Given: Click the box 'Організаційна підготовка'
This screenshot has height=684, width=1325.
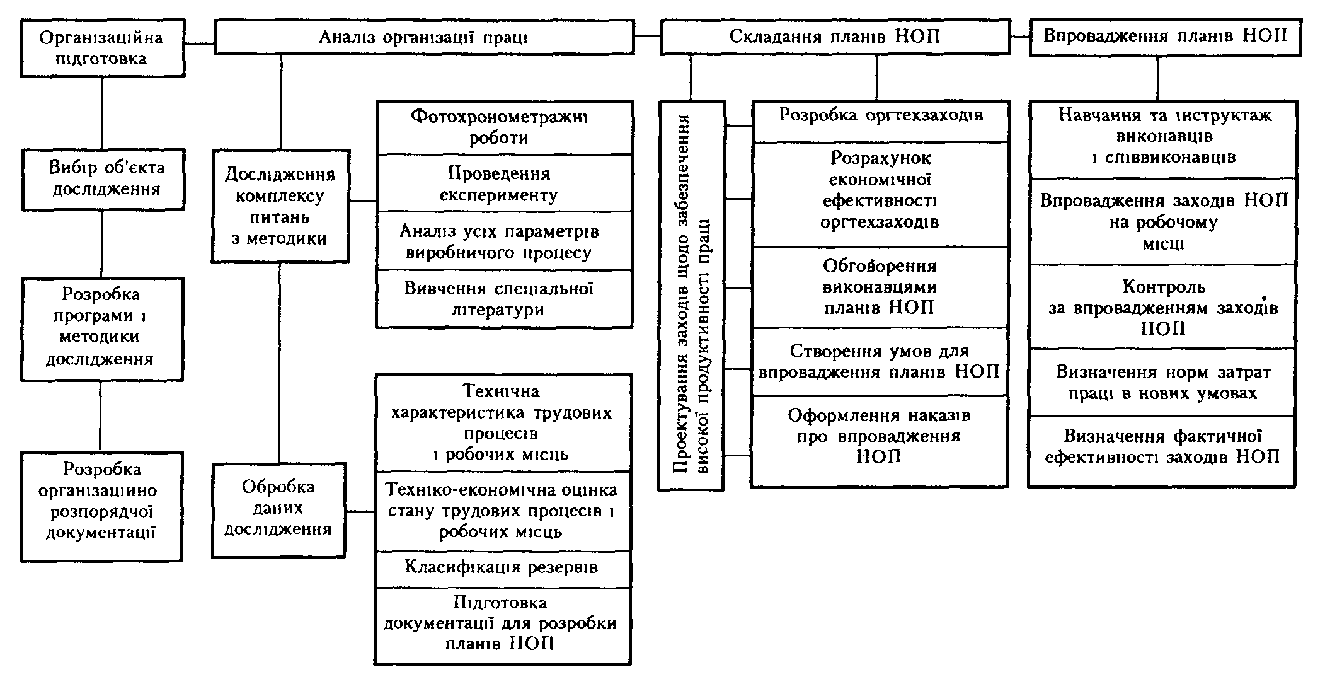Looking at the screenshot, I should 102,48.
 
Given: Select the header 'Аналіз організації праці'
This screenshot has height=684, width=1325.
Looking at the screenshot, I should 424,37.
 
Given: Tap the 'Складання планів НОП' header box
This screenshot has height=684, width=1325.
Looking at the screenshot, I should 835,36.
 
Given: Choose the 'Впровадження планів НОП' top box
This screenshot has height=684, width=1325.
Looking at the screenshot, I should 1165,36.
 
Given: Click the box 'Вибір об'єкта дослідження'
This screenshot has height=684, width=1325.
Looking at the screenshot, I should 104,178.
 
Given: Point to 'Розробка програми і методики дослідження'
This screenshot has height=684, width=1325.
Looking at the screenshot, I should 102,327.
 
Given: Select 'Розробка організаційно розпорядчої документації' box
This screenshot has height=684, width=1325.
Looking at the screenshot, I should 101,501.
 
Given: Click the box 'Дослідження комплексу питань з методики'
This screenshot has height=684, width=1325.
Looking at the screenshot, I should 280,206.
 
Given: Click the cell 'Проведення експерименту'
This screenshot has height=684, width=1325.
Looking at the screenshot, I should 504,183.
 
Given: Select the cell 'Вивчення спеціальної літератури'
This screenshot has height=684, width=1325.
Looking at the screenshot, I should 504,299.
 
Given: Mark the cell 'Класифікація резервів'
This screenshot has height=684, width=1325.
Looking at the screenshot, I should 503,567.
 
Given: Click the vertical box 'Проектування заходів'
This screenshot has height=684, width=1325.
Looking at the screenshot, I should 691,295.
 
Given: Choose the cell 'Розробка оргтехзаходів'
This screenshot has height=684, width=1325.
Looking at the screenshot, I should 881,115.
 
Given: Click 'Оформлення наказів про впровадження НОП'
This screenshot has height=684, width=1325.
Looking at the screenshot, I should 880,436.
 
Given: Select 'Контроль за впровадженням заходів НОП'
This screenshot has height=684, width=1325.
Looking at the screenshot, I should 1163,307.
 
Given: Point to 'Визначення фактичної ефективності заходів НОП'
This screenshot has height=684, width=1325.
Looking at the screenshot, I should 1162,446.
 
